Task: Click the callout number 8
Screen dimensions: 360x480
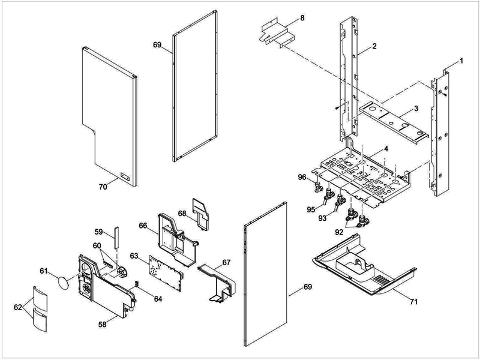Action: coord(302,18)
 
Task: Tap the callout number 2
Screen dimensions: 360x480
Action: coord(374,47)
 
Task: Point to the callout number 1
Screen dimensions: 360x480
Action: coord(461,61)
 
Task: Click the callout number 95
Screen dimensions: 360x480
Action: coord(311,209)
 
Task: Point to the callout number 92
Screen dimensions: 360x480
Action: coord(340,230)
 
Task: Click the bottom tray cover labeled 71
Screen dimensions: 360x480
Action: coord(360,270)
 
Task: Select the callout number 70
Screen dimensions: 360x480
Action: coord(103,187)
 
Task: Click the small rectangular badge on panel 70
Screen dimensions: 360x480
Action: coord(125,176)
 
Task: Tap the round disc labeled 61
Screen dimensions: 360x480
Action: coord(65,281)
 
